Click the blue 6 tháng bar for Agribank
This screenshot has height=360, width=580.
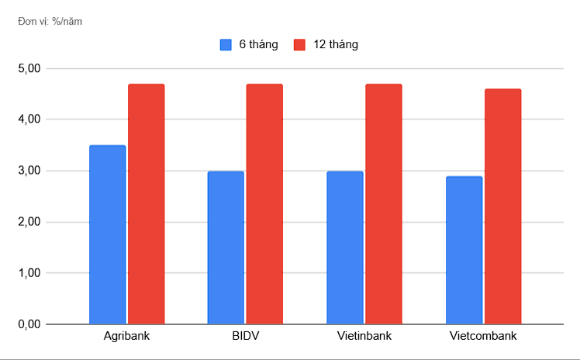(x=107, y=234)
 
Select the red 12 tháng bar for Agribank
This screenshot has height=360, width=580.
(x=146, y=203)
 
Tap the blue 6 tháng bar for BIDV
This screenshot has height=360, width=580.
(x=226, y=247)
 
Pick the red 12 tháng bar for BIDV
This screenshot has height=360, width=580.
(x=264, y=203)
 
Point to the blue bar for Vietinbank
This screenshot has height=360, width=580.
(x=345, y=247)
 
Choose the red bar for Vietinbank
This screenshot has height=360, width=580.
(x=384, y=203)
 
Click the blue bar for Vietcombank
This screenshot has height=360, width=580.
(x=464, y=250)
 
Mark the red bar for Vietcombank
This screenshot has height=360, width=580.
(x=503, y=206)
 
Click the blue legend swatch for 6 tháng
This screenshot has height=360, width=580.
(x=226, y=45)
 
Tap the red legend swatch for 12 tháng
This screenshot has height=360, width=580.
(x=300, y=45)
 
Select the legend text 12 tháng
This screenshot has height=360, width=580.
(x=336, y=45)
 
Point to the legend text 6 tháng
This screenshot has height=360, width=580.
(x=258, y=45)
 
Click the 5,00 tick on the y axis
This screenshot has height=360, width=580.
(x=28, y=69)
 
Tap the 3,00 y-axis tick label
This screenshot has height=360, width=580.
(x=28, y=171)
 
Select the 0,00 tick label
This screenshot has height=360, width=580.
(x=28, y=324)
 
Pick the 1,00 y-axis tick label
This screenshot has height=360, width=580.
(x=28, y=273)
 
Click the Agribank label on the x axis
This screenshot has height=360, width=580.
(x=126, y=337)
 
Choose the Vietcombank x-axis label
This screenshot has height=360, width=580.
(x=483, y=337)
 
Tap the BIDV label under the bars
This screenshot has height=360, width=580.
(x=245, y=337)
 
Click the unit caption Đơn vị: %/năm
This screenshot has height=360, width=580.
(x=50, y=21)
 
